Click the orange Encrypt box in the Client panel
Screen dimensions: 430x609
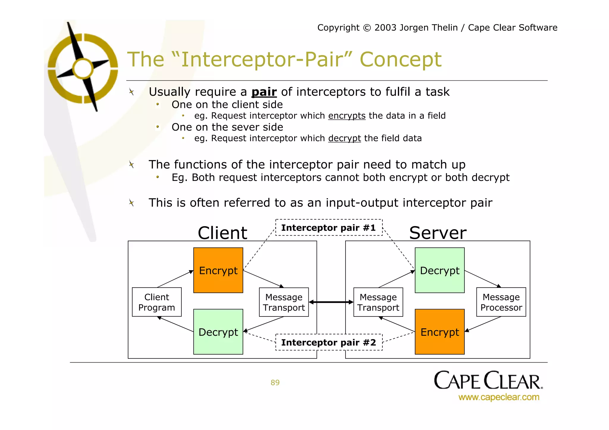click(x=218, y=270)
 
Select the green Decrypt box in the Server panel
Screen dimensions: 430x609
click(x=440, y=270)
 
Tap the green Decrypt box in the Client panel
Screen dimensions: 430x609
click(x=218, y=332)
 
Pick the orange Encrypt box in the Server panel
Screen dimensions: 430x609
click(x=440, y=332)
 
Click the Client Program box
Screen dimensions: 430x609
click(x=157, y=302)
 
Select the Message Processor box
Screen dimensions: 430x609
click(x=501, y=302)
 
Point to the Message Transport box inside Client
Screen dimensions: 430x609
click(x=284, y=302)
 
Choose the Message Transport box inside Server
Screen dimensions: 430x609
click(x=378, y=302)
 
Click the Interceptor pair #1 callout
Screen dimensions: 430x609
click(x=329, y=228)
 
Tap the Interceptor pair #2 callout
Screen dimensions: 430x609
click(x=329, y=342)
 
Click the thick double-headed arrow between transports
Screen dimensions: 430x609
click(x=331, y=302)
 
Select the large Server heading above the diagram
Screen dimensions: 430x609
click(x=437, y=233)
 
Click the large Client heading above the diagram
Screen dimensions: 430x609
click(x=222, y=233)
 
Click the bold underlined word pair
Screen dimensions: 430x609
click(x=264, y=92)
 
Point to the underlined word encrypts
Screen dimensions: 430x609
click(x=347, y=116)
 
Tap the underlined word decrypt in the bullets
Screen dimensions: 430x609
click(x=344, y=138)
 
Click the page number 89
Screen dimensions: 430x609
click(x=275, y=382)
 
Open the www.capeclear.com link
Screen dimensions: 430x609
click(x=499, y=397)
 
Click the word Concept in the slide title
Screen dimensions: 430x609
click(x=401, y=59)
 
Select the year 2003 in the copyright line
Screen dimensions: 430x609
click(x=385, y=28)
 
